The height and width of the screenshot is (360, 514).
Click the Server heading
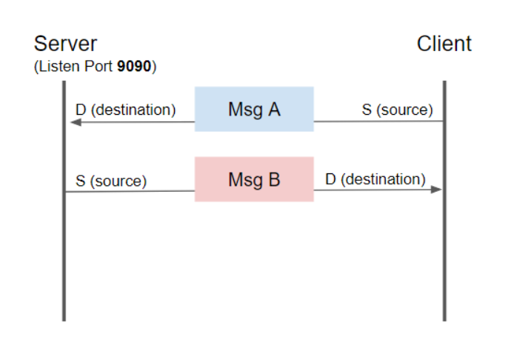pos(65,43)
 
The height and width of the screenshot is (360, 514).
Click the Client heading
pos(444,43)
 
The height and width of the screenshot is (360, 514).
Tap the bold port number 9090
pos(135,67)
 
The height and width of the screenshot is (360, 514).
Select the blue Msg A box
pos(254,110)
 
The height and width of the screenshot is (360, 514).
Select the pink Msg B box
pos(254,179)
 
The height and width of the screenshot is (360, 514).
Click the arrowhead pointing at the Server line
pos(75,122)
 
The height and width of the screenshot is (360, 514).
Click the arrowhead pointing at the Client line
pos(436,190)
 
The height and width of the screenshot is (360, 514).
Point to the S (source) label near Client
pos(397,110)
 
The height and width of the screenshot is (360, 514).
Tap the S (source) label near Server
pos(111,181)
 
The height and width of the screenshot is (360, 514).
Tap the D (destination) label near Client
pos(375,179)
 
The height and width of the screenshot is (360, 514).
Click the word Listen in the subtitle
pos(56,67)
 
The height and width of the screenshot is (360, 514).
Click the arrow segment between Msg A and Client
pos(378,121)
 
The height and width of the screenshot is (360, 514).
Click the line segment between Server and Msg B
pos(130,192)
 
